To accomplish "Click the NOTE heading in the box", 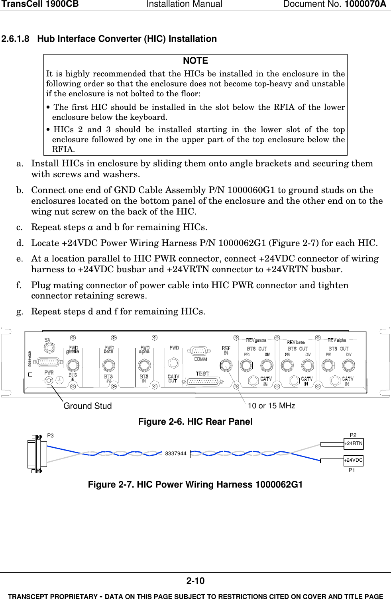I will pyautogui.click(x=195, y=61).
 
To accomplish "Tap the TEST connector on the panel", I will pyautogui.click(x=202, y=381).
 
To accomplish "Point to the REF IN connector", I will pyautogui.click(x=226, y=366).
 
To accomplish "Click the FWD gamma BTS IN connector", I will pyautogui.click(x=73, y=365).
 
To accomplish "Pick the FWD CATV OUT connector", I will pyautogui.click(x=173, y=363).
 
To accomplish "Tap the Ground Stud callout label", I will pyautogui.click(x=88, y=406).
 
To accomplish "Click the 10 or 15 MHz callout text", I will pyautogui.click(x=271, y=406).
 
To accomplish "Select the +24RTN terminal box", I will pyautogui.click(x=354, y=443).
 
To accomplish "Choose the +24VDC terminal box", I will pyautogui.click(x=354, y=460).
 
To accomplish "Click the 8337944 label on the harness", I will pyautogui.click(x=176, y=454).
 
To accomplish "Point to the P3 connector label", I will pyautogui.click(x=50, y=436).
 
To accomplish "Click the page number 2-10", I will pyautogui.click(x=195, y=581).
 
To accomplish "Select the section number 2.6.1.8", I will pyautogui.click(x=16, y=39).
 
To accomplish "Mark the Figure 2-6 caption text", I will pyautogui.click(x=195, y=421).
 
